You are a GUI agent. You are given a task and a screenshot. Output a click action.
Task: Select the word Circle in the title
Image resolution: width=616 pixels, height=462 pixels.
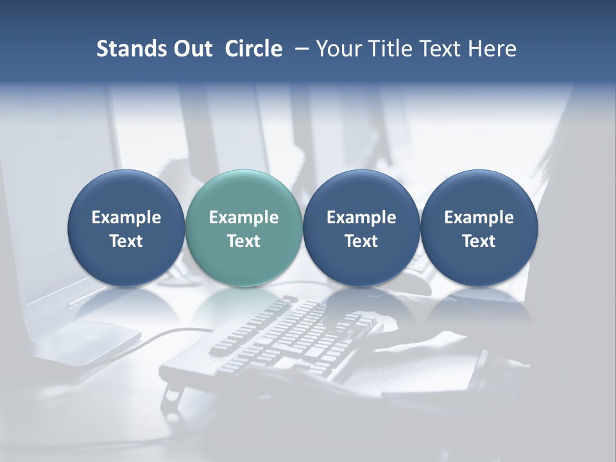[x=253, y=49]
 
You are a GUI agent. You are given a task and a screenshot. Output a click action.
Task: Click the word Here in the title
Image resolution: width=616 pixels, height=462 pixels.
[x=492, y=49]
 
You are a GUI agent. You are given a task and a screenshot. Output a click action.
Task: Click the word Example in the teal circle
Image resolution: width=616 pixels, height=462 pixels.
[x=244, y=218]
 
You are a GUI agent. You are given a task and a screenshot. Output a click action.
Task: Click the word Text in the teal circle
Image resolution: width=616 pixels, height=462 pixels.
[x=244, y=241]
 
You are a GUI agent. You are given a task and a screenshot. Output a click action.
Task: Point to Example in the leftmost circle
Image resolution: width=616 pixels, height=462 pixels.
[x=126, y=218]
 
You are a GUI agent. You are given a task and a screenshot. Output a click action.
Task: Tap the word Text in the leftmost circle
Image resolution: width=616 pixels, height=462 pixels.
[x=126, y=241]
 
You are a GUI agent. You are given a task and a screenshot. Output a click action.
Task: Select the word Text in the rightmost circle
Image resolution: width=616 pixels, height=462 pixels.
[x=479, y=241]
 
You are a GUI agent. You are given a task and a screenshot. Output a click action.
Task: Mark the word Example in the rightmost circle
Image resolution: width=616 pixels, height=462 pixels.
[x=479, y=218]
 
